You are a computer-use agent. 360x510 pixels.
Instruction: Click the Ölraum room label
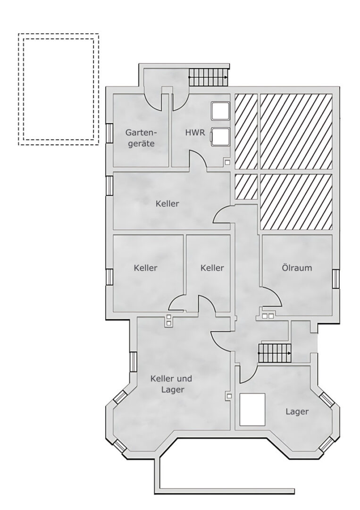[297, 268]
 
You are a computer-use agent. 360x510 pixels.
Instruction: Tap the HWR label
[195, 133]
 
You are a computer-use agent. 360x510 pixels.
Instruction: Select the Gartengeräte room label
[141, 138]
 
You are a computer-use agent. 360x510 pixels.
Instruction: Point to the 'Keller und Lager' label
[171, 384]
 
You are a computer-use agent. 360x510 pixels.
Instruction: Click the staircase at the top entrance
[209, 77]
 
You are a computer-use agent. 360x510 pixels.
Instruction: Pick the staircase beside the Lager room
[274, 353]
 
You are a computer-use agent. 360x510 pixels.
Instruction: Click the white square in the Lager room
[252, 409]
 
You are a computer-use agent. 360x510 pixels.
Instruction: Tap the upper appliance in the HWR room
[220, 111]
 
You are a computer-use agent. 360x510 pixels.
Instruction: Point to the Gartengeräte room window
[109, 133]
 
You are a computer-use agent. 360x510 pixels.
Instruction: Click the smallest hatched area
[246, 187]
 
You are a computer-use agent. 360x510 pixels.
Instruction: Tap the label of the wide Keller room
[167, 204]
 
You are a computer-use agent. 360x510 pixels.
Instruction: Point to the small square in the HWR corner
[228, 162]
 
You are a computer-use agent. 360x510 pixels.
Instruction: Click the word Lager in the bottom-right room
[297, 411]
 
